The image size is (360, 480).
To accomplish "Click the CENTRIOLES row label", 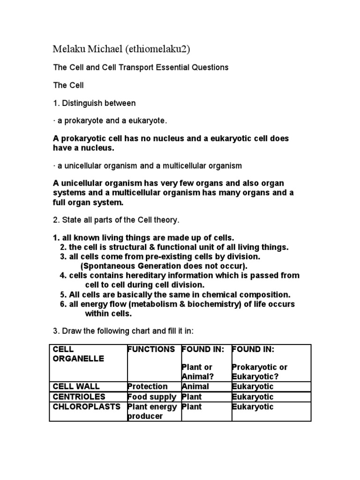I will click(x=78, y=397).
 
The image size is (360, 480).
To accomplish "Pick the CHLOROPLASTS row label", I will click(x=86, y=407).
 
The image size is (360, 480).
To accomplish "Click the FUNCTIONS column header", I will click(x=151, y=350).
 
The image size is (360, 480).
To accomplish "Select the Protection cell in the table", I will click(x=147, y=387).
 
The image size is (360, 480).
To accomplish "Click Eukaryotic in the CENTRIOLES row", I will click(x=252, y=397).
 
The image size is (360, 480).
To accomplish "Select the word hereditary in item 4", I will click(x=140, y=276).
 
